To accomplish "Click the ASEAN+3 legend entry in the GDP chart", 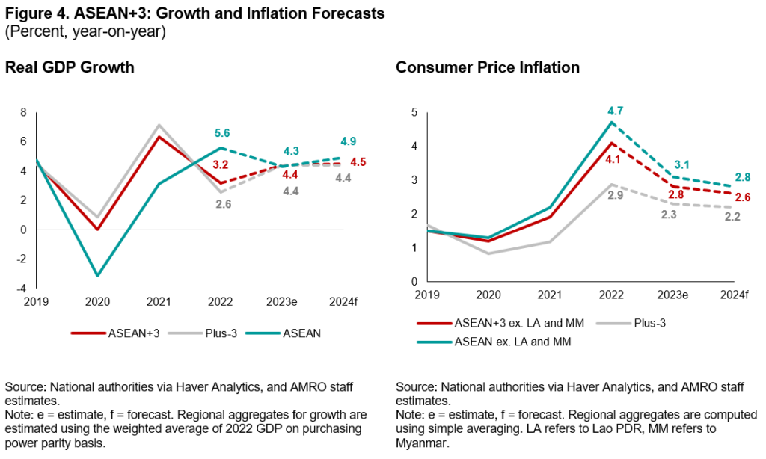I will click(123, 333).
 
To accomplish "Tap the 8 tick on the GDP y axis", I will click(24, 113).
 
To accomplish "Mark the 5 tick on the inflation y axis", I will click(414, 112).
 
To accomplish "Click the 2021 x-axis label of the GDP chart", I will click(159, 304).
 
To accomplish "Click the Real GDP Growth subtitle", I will click(70, 67).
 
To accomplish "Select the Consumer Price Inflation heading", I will click(488, 67).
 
